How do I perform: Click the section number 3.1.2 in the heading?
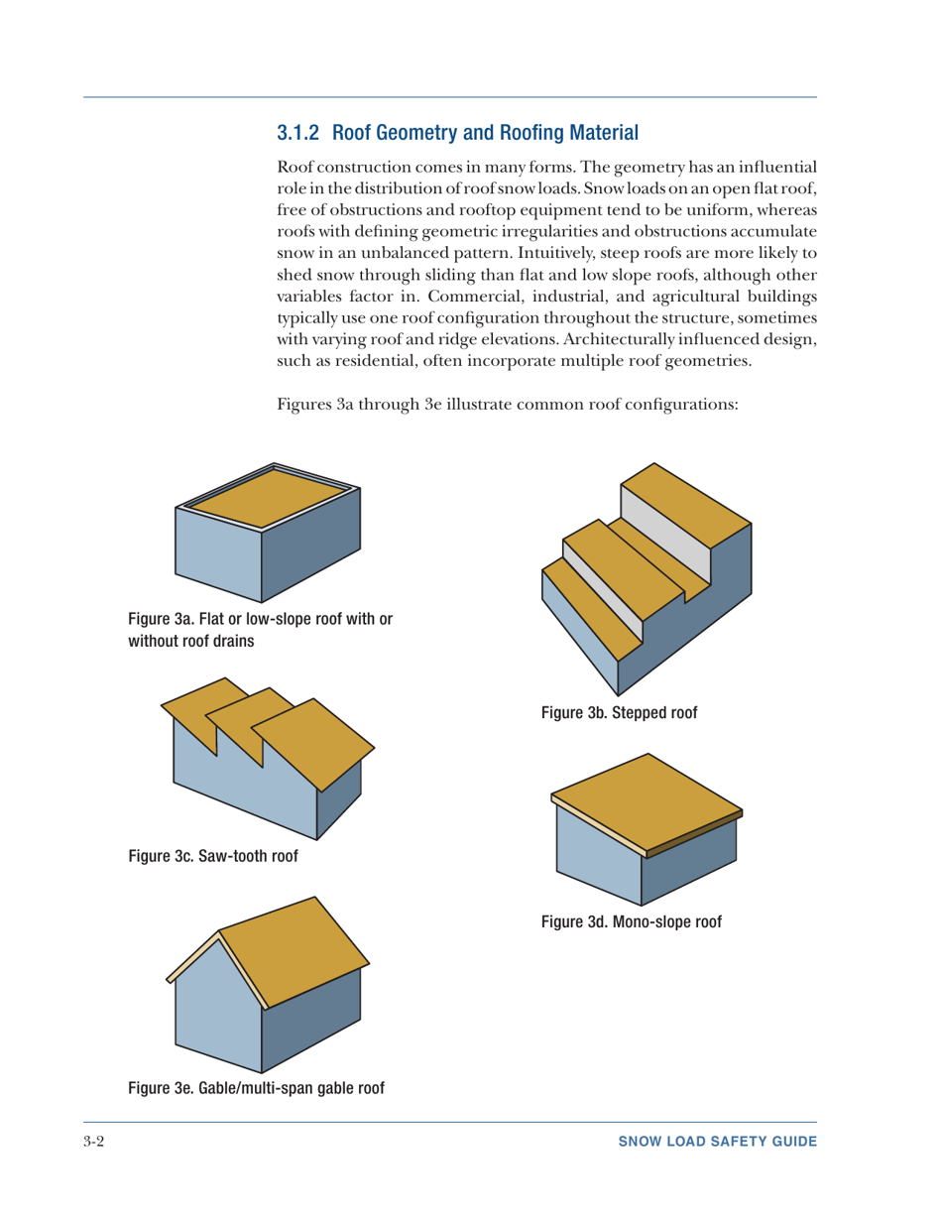[x=299, y=131]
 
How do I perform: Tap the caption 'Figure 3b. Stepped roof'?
[x=620, y=712]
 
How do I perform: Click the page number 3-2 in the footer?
[x=95, y=1142]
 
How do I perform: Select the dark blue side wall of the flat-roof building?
[x=310, y=555]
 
